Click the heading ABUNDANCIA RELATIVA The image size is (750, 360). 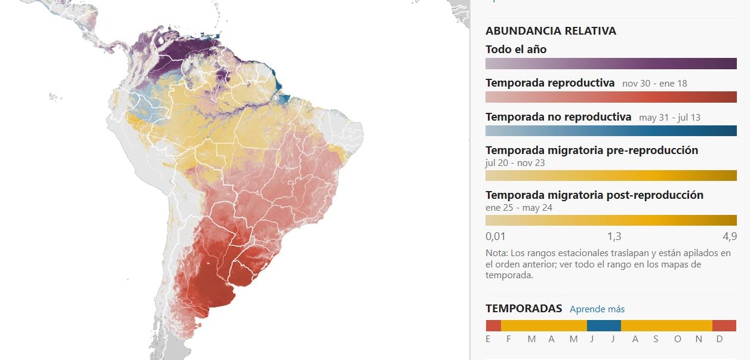(551, 31)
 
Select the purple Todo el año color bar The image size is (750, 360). (611, 64)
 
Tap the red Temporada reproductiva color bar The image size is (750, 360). (611, 97)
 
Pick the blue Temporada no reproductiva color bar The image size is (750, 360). (611, 131)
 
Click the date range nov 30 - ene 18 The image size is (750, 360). (654, 84)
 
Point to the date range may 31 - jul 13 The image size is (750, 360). (669, 118)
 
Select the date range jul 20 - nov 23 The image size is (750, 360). (515, 163)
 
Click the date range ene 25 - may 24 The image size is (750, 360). (519, 208)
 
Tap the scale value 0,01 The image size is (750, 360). (496, 236)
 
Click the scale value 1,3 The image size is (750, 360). (614, 236)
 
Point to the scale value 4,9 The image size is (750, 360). (730, 236)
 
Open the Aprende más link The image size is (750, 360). (597, 309)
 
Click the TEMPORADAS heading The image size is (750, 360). (524, 309)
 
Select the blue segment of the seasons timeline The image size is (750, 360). (604, 326)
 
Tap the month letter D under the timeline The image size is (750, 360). (720, 339)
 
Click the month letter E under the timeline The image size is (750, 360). (488, 339)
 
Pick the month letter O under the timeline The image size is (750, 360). (677, 339)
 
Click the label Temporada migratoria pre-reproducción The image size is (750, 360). (591, 150)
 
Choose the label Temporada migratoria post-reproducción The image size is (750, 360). (594, 195)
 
